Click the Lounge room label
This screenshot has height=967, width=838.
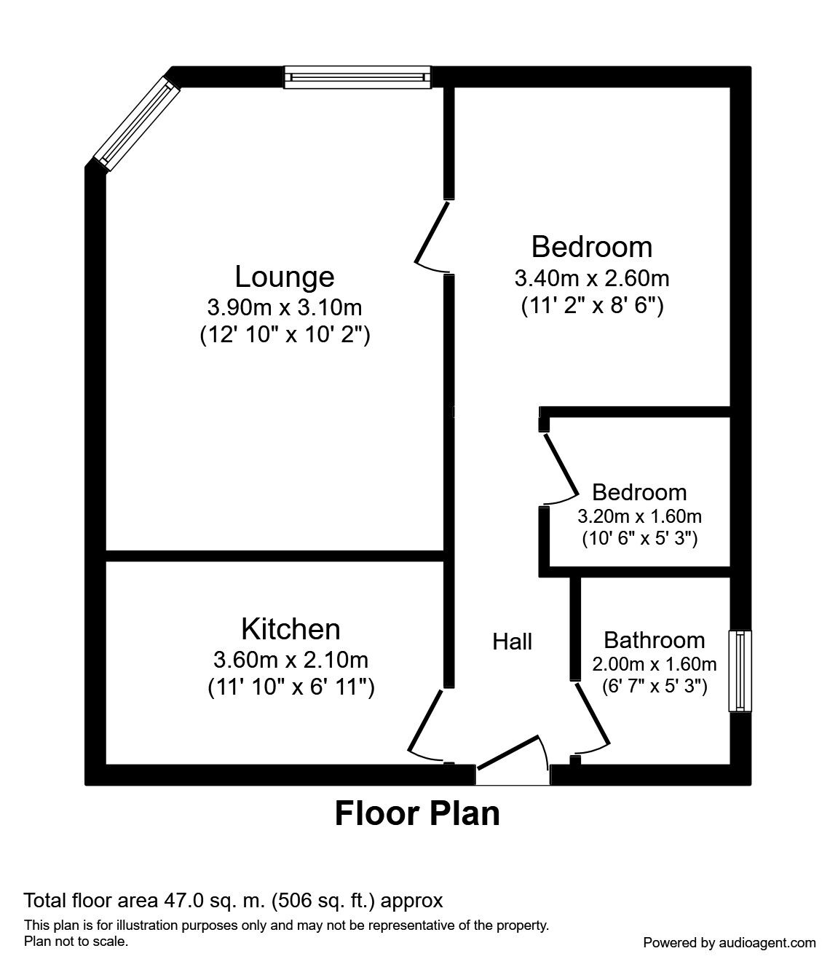coord(285,277)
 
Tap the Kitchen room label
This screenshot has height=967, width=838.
coord(290,628)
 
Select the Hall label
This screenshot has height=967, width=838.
coord(513,642)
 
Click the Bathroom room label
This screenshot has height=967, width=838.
coord(655,640)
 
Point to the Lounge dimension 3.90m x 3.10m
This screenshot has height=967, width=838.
coord(285,307)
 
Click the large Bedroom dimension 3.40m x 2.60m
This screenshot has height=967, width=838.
coord(592,278)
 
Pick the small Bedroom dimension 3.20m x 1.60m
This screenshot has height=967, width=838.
coord(639,517)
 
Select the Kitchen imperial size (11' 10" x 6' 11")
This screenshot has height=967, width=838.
coord(290,687)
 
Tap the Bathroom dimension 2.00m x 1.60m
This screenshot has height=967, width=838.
coord(655,664)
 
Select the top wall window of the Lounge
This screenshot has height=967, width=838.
coord(357,76)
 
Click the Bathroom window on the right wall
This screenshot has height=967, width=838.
coord(740,671)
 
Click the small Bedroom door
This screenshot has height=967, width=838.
coord(559,467)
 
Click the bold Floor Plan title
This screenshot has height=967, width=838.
coord(417,813)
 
